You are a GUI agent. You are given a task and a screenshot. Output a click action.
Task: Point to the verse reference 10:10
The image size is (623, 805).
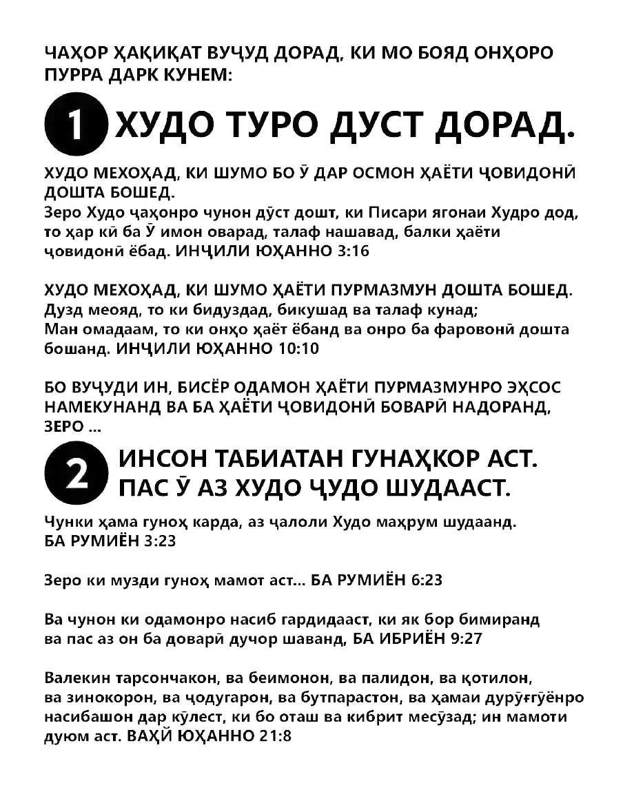pyautogui.click(x=300, y=348)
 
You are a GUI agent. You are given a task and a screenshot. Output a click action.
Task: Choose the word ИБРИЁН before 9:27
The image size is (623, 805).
pyautogui.click(x=409, y=638)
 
